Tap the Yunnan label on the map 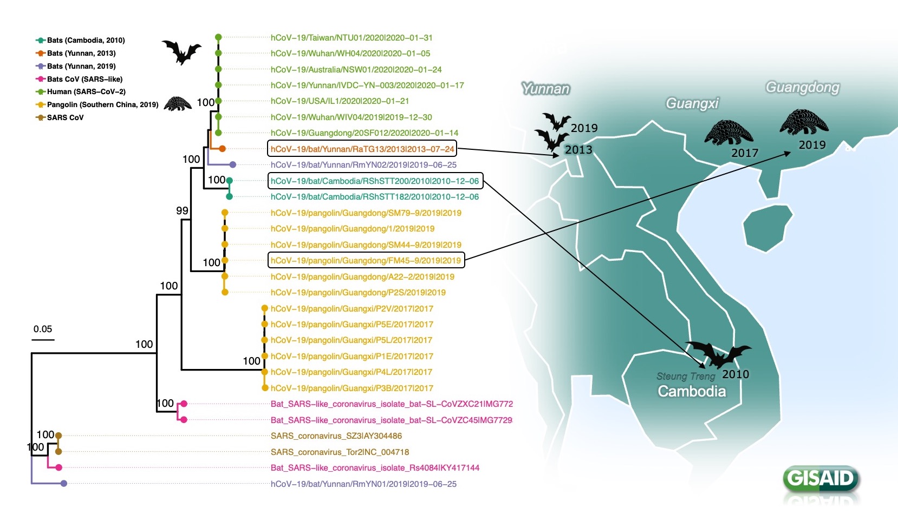pos(545,89)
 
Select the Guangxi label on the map pos(692,103)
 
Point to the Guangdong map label pos(802,87)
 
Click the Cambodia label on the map pos(692,391)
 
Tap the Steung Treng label pos(686,376)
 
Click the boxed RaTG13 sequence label pos(362,149)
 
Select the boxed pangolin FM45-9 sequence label pos(366,260)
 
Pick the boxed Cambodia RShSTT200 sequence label pos(375,181)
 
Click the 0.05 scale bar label pos(43,329)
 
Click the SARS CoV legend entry pos(65,117)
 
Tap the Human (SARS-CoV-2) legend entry pos(86,91)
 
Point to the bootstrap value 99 pos(182,210)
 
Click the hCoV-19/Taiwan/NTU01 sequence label pos(352,38)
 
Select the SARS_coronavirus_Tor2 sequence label pos(340,452)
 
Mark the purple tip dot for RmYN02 pos(232,164)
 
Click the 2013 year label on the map pos(578,150)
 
